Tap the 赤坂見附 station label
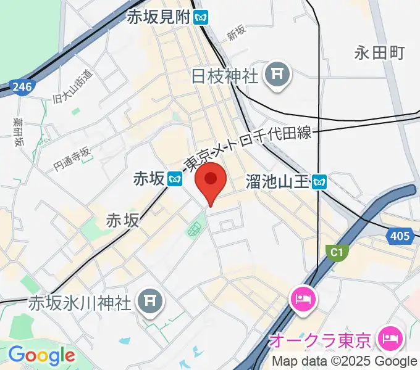pos(158,17)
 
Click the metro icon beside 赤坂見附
pos(201,17)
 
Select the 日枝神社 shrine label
pos(224,76)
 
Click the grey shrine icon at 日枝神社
pos(277,76)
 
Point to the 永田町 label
pos(379,53)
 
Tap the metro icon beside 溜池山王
pos(319,181)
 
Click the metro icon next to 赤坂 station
pos(175,179)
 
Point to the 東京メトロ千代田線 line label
pos(250,150)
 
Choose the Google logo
pos(41,355)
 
